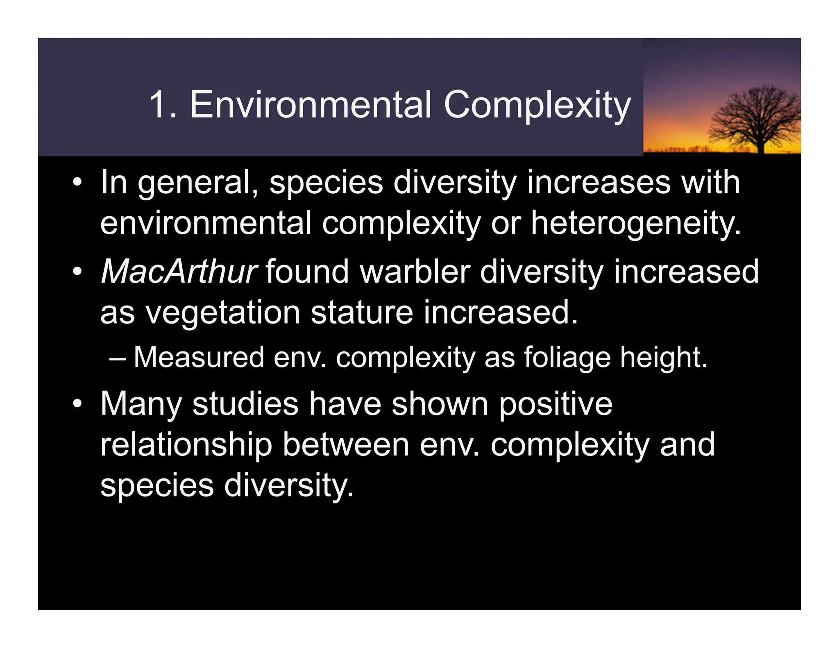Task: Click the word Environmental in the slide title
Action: (x=311, y=105)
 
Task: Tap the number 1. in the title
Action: (x=163, y=105)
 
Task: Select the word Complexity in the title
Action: (x=537, y=106)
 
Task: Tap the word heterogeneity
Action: (x=636, y=224)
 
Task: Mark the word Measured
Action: (x=199, y=357)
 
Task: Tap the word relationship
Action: (x=186, y=445)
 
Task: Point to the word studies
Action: (x=245, y=404)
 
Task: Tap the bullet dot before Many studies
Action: (x=77, y=404)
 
